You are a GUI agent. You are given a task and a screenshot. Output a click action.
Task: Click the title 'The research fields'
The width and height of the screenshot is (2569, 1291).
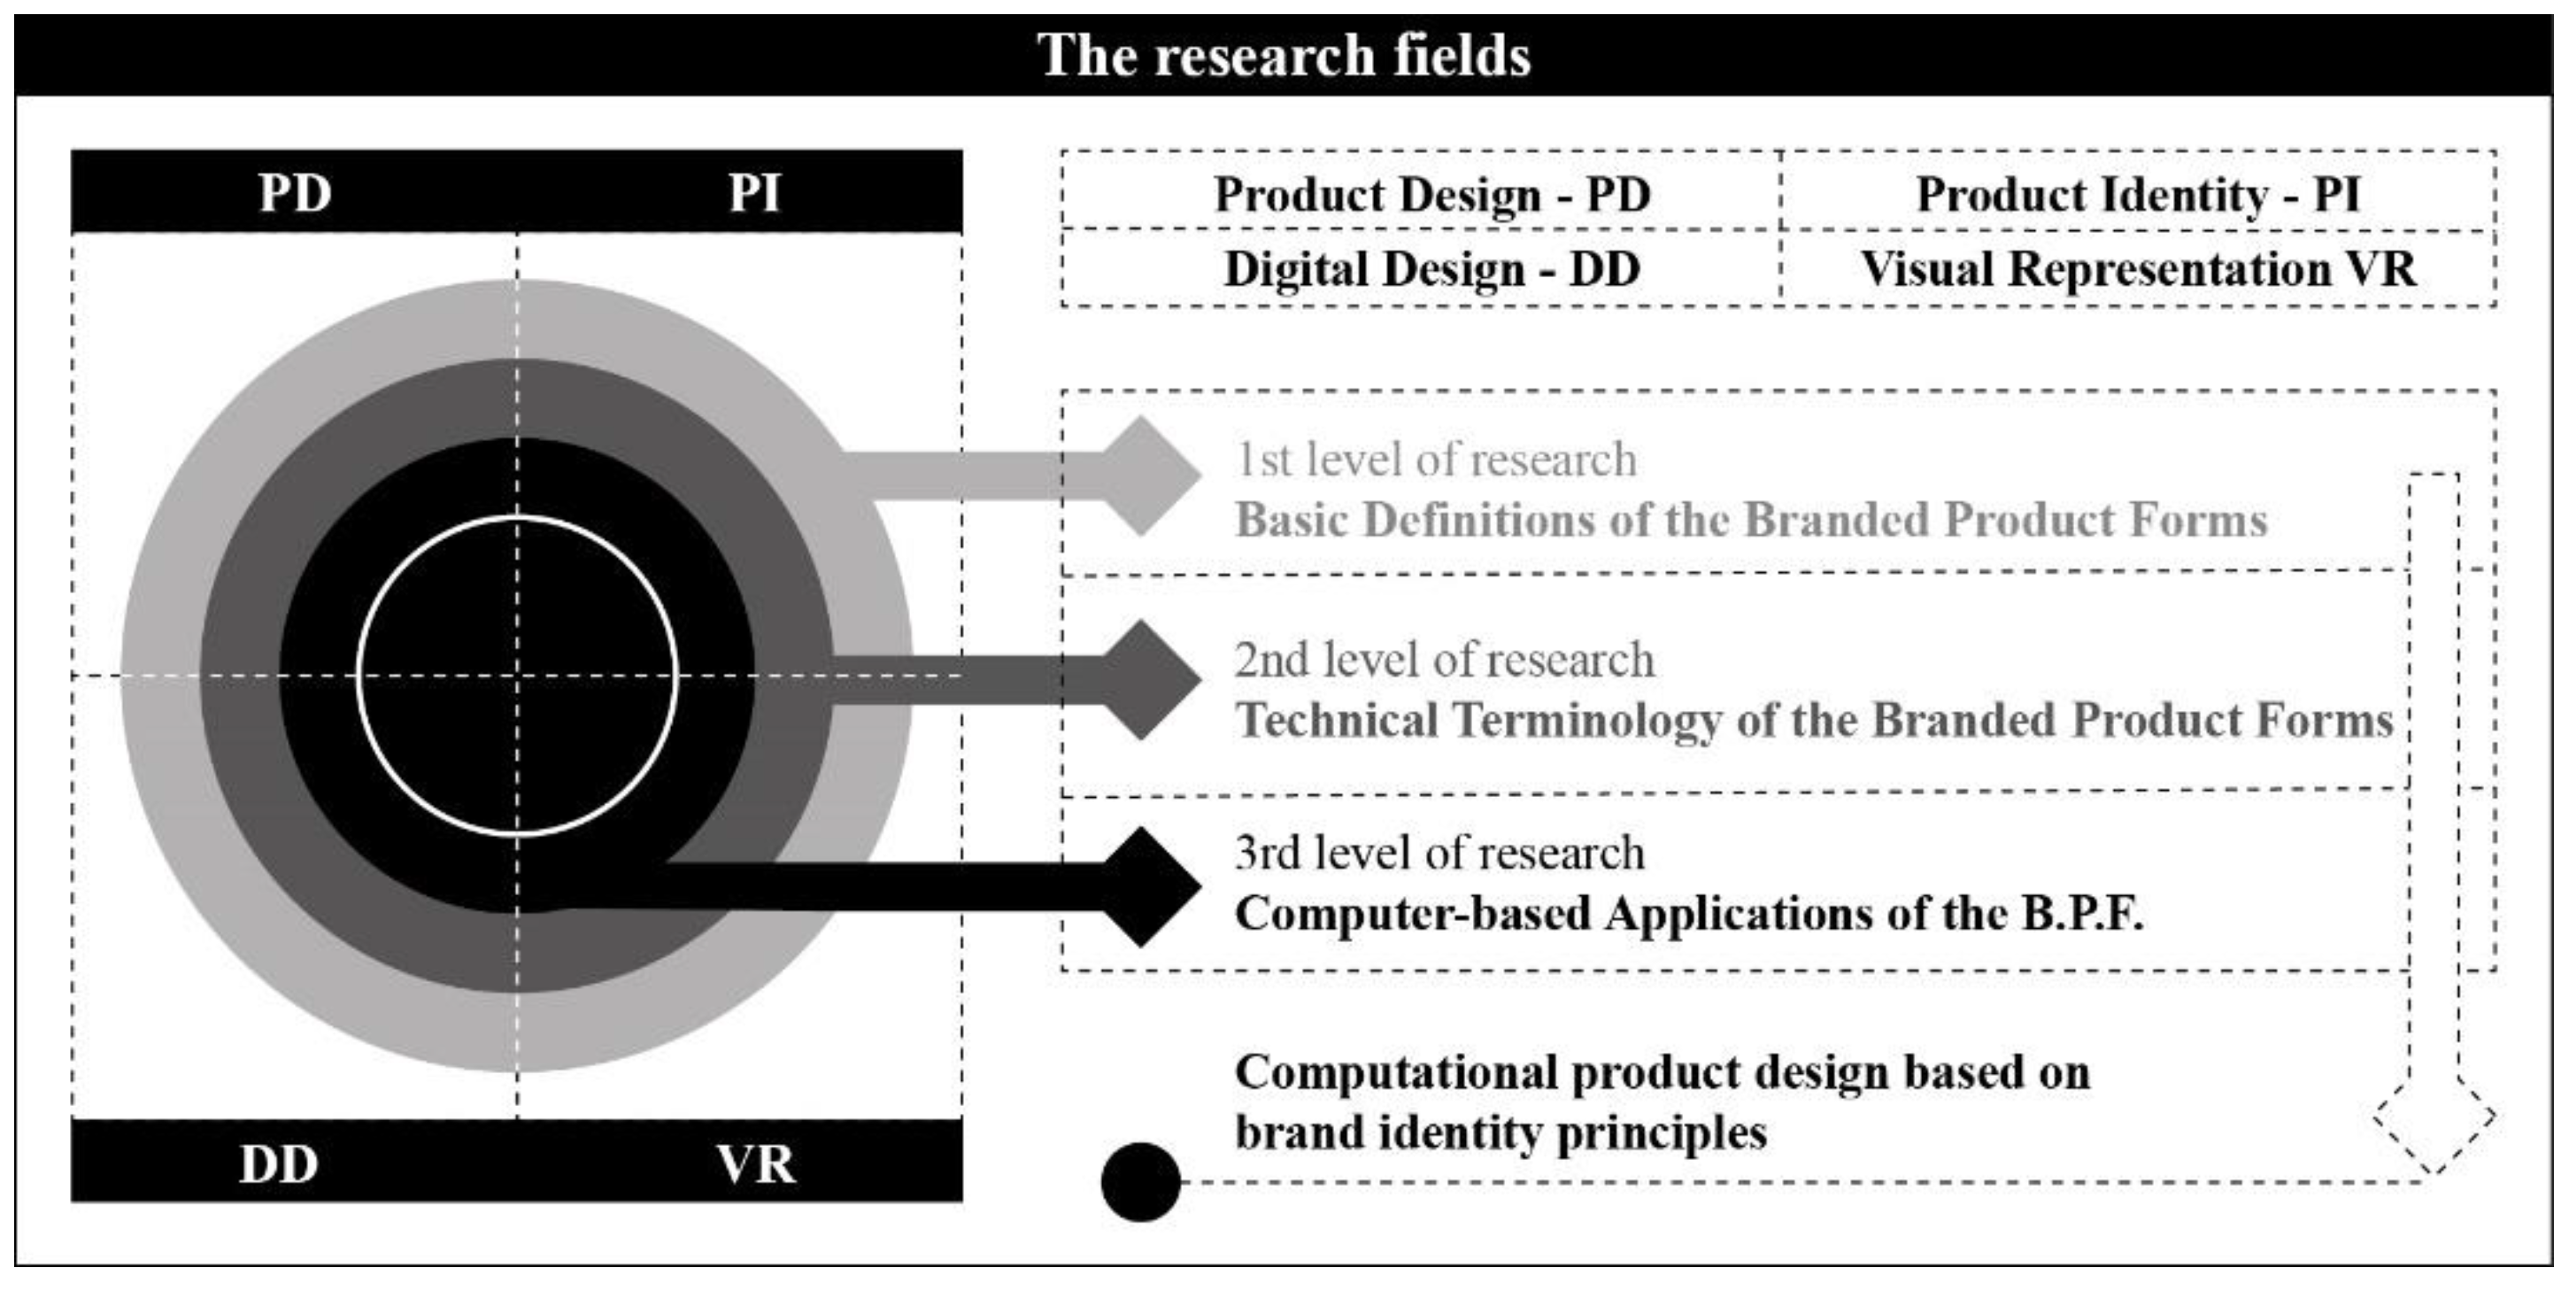tap(1284, 55)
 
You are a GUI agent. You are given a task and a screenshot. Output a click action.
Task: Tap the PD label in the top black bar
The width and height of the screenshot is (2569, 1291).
tap(295, 192)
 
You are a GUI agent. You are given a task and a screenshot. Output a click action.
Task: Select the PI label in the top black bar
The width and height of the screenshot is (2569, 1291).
tap(755, 192)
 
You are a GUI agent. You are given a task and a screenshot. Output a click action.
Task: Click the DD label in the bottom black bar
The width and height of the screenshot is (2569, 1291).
tap(278, 1163)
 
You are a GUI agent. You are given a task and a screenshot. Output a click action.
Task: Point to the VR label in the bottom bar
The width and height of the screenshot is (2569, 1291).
tap(756, 1163)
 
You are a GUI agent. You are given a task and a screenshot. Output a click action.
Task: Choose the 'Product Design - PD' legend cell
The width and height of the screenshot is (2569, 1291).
tap(1432, 194)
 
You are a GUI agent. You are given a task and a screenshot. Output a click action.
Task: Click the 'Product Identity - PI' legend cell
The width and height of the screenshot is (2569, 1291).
tap(2138, 194)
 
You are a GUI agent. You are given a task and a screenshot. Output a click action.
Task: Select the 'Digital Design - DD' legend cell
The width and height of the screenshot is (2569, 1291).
tap(1432, 268)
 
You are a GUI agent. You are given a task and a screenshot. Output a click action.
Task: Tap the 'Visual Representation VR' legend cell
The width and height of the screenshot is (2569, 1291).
tap(2138, 268)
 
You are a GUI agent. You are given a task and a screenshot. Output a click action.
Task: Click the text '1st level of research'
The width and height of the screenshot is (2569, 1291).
tap(1436, 460)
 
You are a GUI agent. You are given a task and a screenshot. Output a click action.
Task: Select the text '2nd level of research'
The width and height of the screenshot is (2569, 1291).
tap(1444, 661)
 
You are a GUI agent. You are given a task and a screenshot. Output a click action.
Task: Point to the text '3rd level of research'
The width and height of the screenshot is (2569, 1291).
tap(1439, 853)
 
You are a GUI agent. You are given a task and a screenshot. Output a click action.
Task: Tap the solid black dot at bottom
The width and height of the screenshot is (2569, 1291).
tap(1140, 1181)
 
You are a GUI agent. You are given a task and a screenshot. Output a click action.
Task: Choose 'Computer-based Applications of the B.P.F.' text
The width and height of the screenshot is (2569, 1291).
tap(1688, 913)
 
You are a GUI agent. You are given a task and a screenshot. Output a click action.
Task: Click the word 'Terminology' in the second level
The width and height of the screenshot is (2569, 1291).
tap(1586, 721)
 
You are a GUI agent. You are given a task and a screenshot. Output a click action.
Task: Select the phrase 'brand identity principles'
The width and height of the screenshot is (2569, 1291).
tap(1500, 1133)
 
